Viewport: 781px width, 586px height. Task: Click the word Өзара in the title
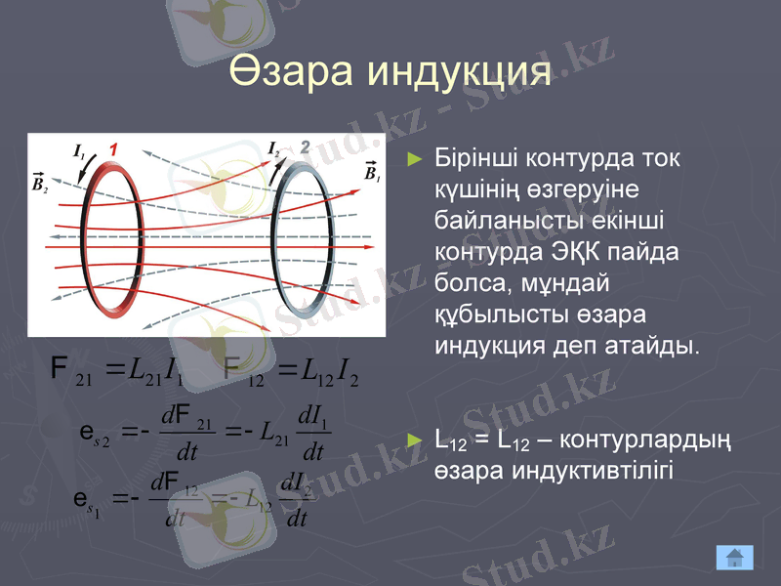coord(289,72)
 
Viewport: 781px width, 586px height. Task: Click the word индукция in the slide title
coord(457,72)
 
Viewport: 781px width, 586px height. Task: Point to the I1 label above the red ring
coord(79,150)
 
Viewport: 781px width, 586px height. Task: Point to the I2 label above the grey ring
coord(274,148)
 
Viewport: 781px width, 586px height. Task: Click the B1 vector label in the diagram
coord(372,172)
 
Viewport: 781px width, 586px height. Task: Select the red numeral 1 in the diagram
coord(113,149)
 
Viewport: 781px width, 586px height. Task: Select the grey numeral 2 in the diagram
coord(305,147)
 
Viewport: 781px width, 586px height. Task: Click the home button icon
coord(734,558)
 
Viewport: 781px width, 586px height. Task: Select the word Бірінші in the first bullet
coord(475,157)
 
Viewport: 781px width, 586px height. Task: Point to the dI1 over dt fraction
coord(312,437)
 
